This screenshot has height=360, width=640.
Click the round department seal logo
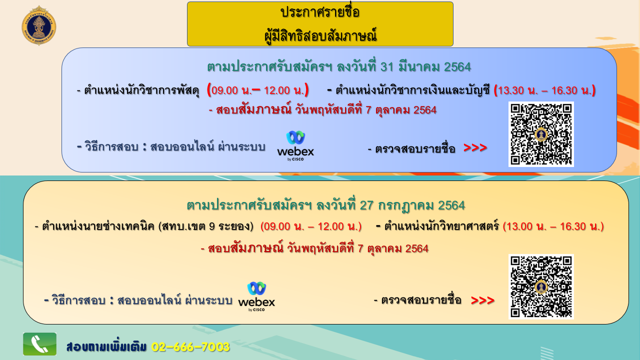pos(39,25)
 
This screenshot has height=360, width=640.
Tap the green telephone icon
pos(39,344)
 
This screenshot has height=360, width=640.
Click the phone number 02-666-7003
pos(190,347)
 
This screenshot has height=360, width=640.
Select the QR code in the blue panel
pos(541,134)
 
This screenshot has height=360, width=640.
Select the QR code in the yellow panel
pos(541,286)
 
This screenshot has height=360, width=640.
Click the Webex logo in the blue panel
pos(295,146)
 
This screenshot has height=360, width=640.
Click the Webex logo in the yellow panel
pos(256,296)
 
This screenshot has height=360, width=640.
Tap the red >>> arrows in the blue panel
pos(475,147)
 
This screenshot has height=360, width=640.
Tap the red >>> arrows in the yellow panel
pos(482,300)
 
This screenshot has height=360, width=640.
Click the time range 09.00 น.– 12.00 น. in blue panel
pos(258,90)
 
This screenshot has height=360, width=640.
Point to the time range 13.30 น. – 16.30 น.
pos(545,90)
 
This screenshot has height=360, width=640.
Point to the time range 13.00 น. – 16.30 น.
pos(553,226)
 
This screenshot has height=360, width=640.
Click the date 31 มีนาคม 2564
pos(425,67)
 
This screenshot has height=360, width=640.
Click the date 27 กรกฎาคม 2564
pos(412,205)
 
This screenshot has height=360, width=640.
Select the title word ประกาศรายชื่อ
pos(320,12)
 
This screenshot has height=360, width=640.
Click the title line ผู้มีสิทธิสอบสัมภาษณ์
pos(320,35)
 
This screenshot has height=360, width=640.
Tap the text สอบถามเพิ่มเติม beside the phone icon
pos(106,347)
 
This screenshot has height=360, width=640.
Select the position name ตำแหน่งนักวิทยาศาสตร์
pos(441,226)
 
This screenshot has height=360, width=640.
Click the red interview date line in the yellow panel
pos(314,248)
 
